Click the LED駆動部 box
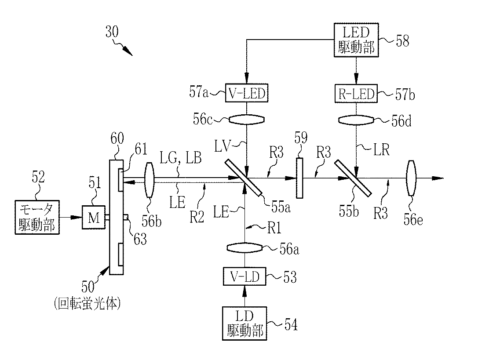[x=356, y=40]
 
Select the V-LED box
[x=247, y=93]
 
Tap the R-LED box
[x=356, y=93]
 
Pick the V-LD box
[x=244, y=276]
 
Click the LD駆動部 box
[x=244, y=324]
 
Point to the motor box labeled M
[x=94, y=217]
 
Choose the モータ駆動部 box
[x=37, y=217]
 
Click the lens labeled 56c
[x=247, y=120]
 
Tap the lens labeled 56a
[x=245, y=248]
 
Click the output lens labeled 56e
[x=411, y=178]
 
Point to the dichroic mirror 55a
[x=244, y=178]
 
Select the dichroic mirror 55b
[x=353, y=178]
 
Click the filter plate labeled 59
[x=299, y=178]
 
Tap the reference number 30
[x=112, y=32]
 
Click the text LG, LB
[x=180, y=158]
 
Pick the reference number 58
[x=402, y=41]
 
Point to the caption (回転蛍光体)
[x=87, y=303]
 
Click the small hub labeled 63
[x=126, y=217]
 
